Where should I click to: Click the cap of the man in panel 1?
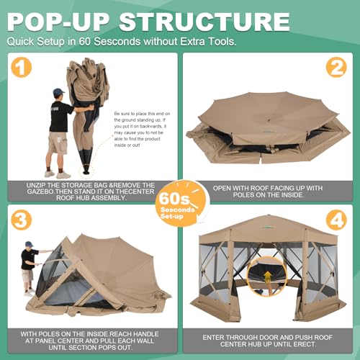pos(58,92)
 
